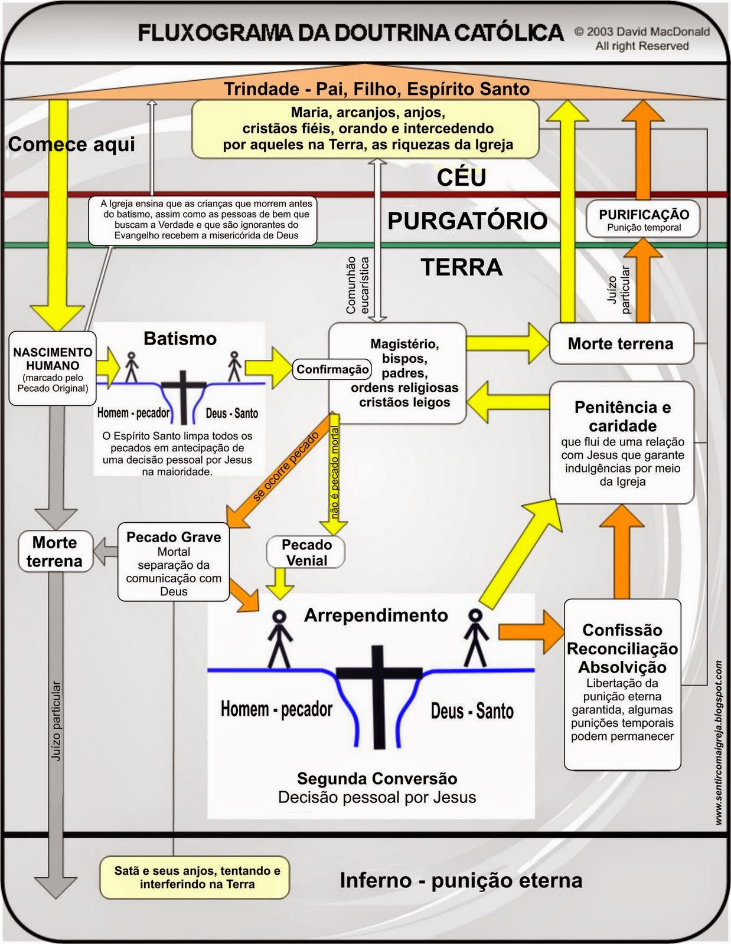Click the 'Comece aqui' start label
(71, 145)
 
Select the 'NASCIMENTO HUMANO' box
(53, 369)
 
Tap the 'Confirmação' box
(332, 370)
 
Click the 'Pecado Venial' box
(306, 553)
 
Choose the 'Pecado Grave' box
(174, 562)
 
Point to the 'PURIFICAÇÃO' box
(644, 219)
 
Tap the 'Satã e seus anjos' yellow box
(197, 877)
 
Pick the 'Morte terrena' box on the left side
(54, 552)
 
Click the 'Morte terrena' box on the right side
(621, 344)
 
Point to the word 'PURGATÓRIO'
(467, 221)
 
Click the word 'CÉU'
(461, 178)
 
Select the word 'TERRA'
(461, 268)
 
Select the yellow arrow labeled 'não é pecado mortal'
(334, 472)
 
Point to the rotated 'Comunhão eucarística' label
(357, 284)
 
